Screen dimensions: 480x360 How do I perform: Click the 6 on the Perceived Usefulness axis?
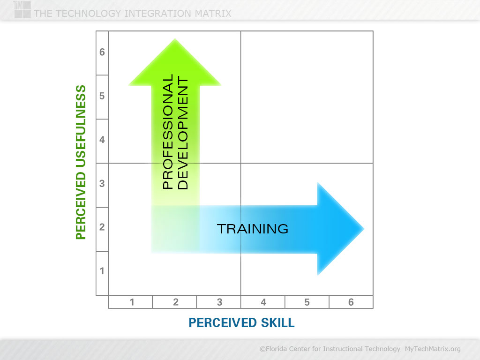pos(102,52)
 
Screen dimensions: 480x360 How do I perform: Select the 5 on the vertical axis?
pos(102,96)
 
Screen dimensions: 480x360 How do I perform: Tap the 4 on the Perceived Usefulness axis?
pos(102,140)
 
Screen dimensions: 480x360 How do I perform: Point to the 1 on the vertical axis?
pos(102,271)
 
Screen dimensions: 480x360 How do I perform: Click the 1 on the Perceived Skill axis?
pos(132,302)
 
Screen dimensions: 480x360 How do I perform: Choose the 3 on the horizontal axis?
pos(219,302)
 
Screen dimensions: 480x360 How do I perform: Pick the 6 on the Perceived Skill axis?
pos(351,302)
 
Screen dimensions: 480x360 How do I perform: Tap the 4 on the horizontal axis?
pos(263,302)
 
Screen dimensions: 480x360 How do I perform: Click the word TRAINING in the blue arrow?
pos(253,229)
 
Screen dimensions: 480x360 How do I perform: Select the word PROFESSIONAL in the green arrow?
pos(168,132)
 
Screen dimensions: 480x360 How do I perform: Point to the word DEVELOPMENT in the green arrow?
pos(183,134)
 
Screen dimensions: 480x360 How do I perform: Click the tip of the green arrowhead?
pos(175,39)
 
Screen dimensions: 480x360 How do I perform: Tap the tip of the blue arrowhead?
pos(364,229)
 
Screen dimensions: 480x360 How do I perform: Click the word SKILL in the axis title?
pos(277,322)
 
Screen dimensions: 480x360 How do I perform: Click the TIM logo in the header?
pos(22,9)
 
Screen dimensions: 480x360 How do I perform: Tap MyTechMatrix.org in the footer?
pos(433,349)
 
